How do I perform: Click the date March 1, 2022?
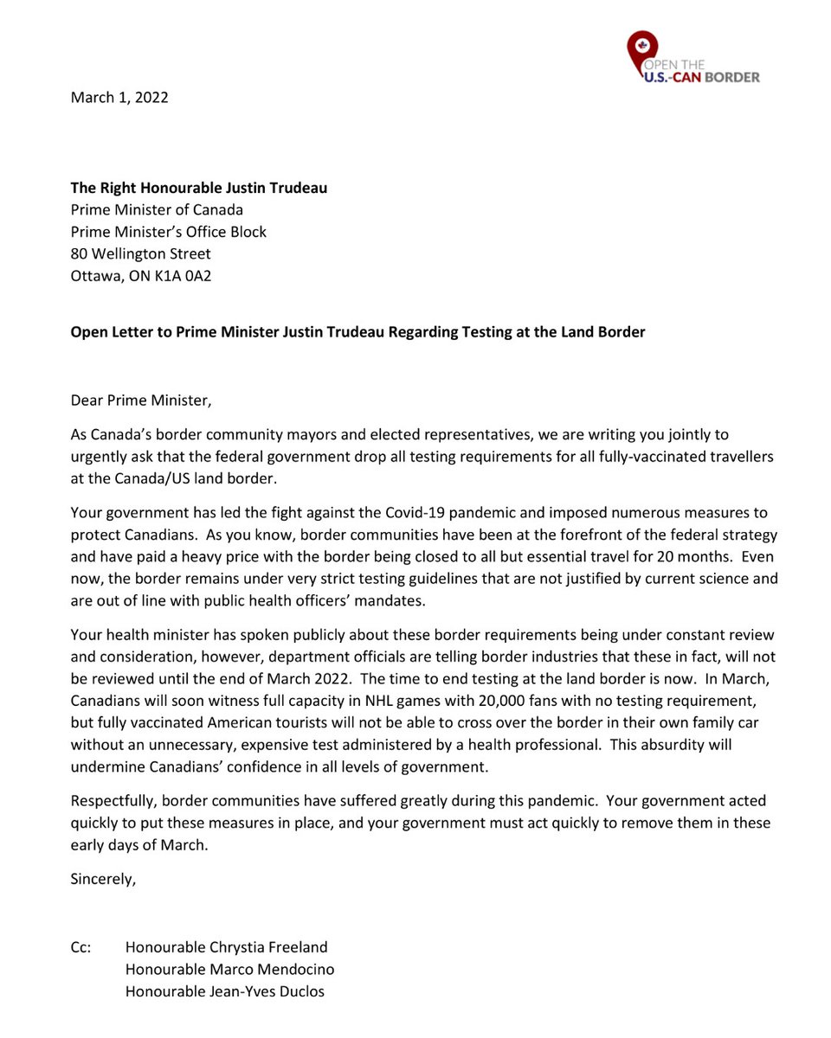pos(119,97)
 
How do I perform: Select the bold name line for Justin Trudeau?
pos(199,188)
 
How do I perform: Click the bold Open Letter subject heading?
pos(358,332)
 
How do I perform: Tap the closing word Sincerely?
pos(103,880)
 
